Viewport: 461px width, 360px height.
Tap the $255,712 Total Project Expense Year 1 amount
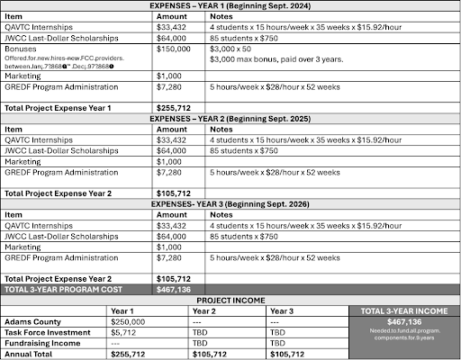pos(175,108)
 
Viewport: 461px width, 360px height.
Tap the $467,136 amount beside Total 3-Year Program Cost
pos(175,290)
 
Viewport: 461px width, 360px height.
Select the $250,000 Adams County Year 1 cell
pos(128,321)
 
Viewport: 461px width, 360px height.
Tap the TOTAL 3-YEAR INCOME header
pos(401,311)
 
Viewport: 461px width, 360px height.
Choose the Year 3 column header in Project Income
pos(282,310)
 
